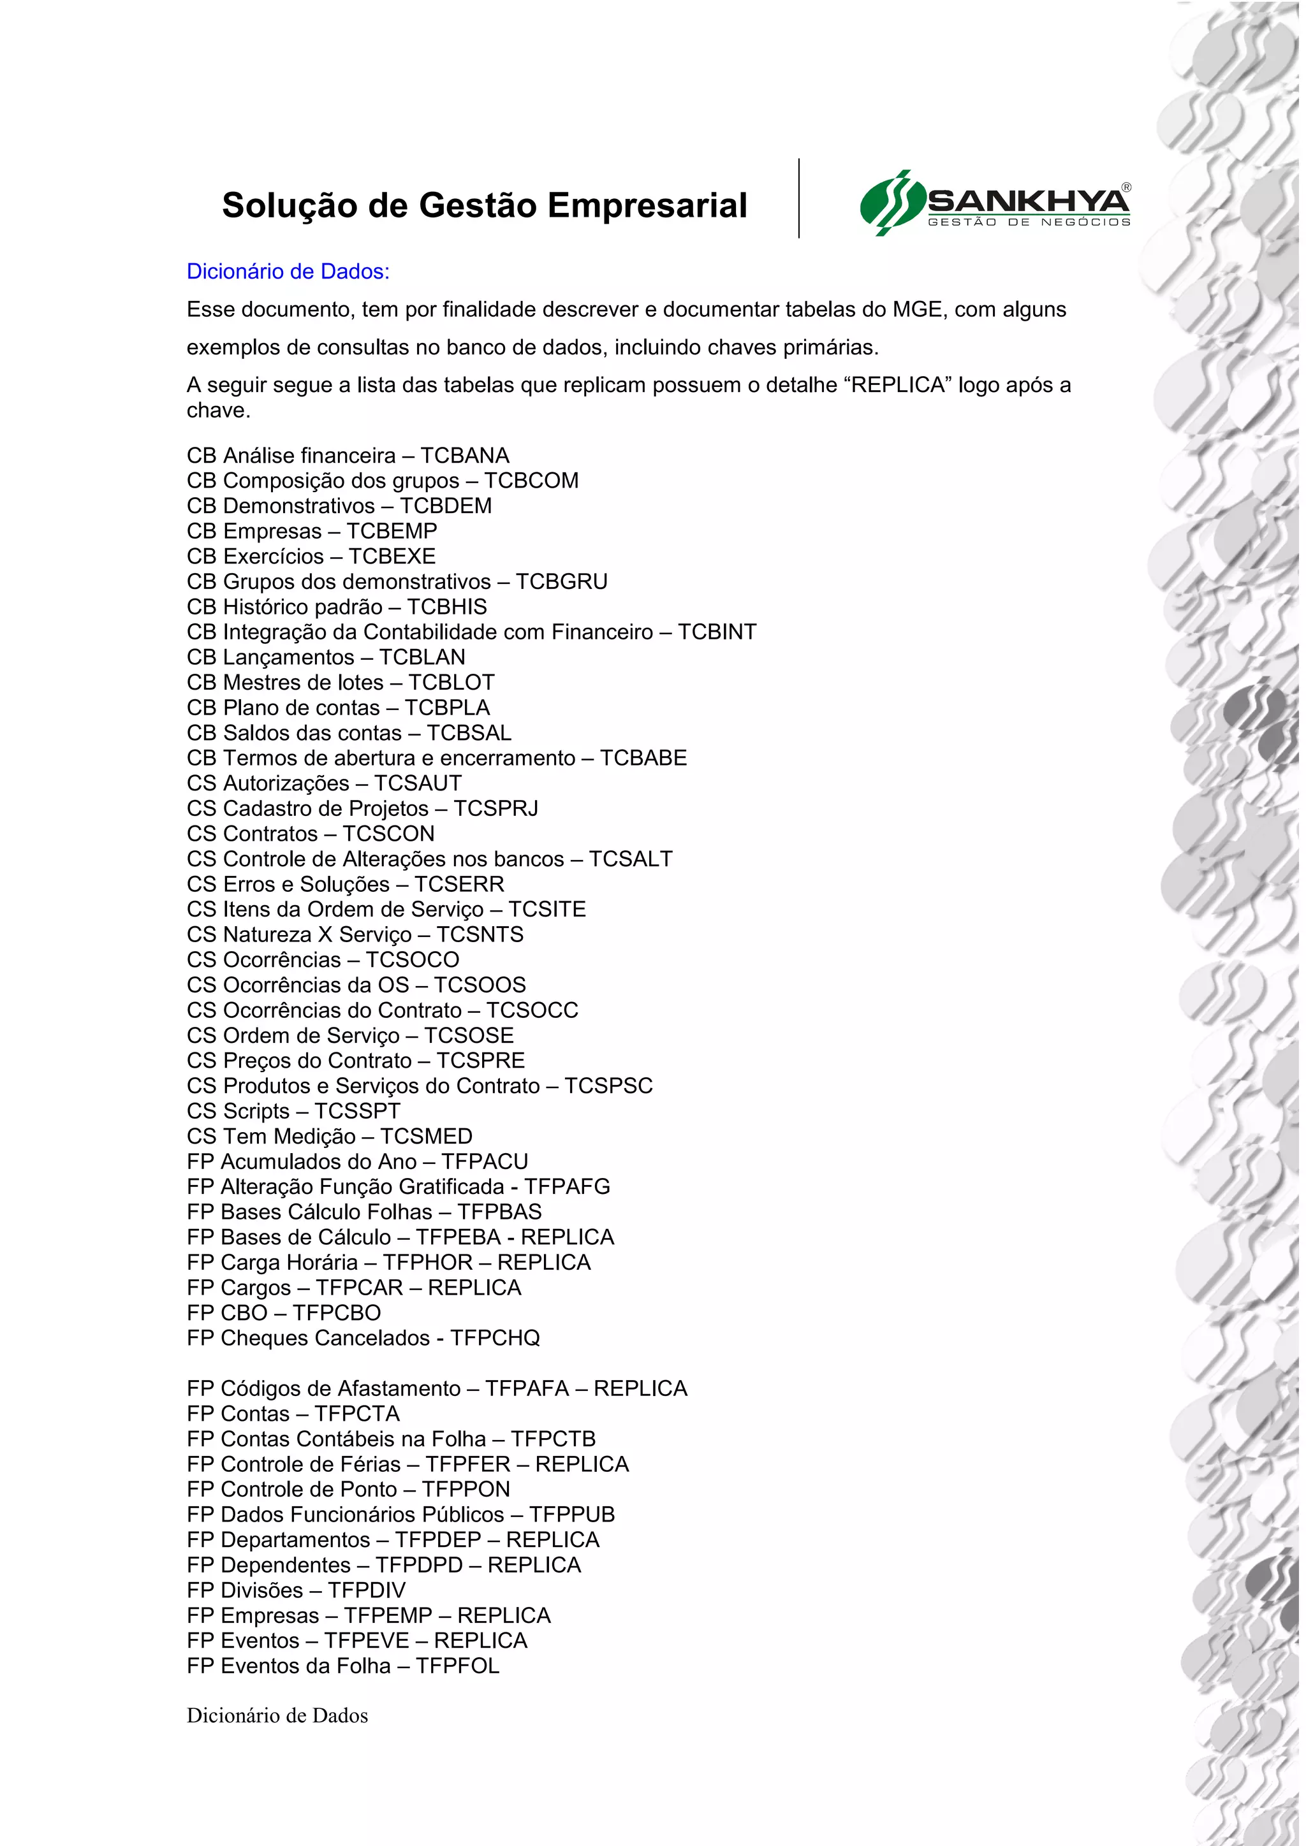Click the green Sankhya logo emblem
[x=891, y=203]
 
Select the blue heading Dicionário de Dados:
[x=288, y=272]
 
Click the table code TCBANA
[x=465, y=456]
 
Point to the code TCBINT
[x=717, y=632]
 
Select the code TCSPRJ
[x=495, y=808]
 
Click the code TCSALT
[x=631, y=859]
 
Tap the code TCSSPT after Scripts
[x=357, y=1111]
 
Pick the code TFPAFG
[x=567, y=1187]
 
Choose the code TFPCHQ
[x=495, y=1338]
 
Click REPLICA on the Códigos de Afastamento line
[x=640, y=1388]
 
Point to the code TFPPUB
[x=572, y=1515]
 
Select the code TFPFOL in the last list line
[x=458, y=1666]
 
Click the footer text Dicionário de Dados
[x=277, y=1717]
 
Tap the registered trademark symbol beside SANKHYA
[x=1126, y=187]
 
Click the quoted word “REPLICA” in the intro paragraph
[x=897, y=385]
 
